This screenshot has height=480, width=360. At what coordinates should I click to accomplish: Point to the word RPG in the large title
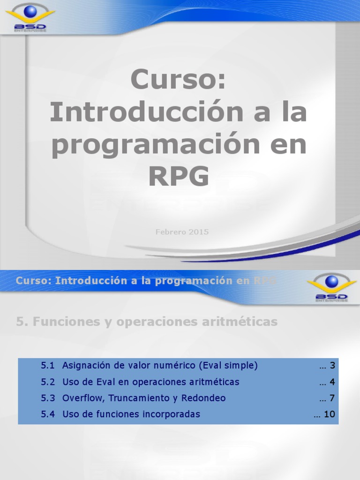[179, 177]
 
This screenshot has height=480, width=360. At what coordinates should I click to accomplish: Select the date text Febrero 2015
[182, 232]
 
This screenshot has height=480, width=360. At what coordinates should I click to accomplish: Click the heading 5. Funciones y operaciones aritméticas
[147, 322]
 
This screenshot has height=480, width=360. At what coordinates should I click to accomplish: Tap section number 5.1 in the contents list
[48, 366]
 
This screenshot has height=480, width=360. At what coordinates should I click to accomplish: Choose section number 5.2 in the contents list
[48, 382]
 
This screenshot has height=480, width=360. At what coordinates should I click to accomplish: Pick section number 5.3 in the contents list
[48, 398]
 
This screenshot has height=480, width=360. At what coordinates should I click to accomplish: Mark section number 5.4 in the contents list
[48, 414]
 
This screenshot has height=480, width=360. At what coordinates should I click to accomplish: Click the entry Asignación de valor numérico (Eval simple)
[160, 366]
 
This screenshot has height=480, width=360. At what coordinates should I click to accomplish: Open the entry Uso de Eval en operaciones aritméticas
[150, 382]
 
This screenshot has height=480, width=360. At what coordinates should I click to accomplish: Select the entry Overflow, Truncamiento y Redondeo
[144, 398]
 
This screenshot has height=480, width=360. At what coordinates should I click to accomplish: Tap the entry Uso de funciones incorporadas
[131, 414]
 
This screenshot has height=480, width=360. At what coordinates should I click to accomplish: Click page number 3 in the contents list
[332, 366]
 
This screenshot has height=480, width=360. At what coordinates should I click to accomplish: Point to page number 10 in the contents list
[330, 414]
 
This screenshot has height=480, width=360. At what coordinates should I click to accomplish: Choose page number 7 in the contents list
[332, 398]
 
